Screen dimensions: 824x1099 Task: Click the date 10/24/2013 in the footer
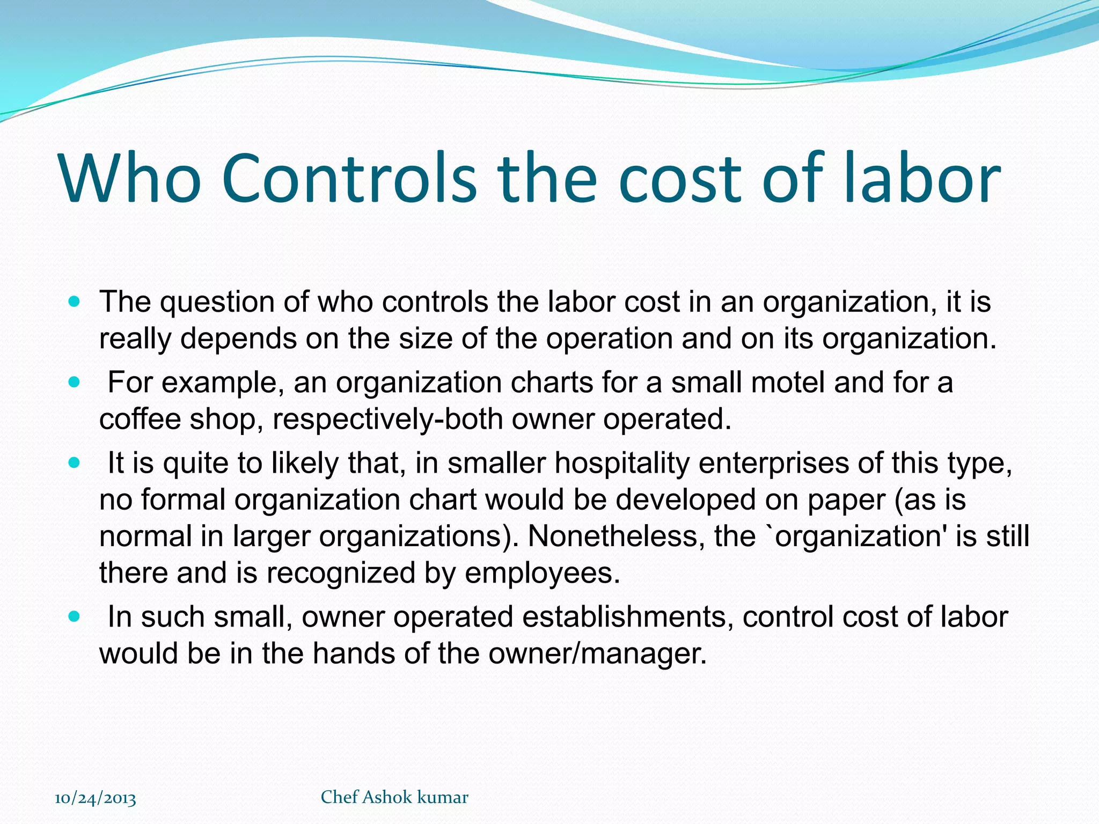pyautogui.click(x=96, y=798)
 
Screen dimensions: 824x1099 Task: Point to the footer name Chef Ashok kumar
pyautogui.click(x=394, y=797)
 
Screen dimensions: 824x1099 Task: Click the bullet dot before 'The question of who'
pyautogui.click(x=75, y=302)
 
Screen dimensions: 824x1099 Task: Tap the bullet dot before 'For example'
pyautogui.click(x=75, y=383)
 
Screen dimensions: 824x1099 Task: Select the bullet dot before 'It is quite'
pyautogui.click(x=75, y=463)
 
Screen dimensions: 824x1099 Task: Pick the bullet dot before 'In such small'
pyautogui.click(x=75, y=617)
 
